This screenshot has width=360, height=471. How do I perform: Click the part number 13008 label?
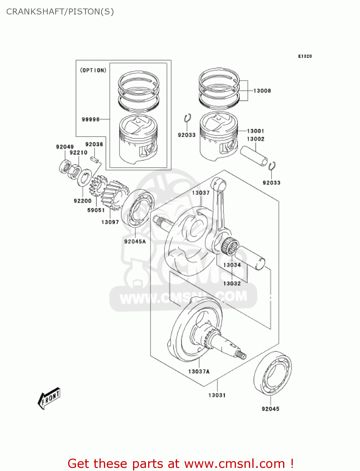262,91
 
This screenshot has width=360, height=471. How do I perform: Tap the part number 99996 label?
90,119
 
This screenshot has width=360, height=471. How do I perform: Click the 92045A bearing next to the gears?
137,208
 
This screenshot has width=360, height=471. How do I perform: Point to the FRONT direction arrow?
49,398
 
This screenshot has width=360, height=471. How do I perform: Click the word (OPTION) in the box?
93,70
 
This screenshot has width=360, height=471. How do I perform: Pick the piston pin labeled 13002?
254,155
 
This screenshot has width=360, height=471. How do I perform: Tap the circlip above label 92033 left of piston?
187,118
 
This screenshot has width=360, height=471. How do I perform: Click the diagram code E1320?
305,56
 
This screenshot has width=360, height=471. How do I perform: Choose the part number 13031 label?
217,395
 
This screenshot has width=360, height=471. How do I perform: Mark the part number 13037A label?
199,371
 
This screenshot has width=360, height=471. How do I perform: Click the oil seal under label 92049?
65,166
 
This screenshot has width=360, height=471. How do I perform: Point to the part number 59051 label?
96,210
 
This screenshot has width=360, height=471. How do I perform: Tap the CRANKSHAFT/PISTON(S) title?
60,12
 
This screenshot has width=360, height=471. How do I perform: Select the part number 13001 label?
255,131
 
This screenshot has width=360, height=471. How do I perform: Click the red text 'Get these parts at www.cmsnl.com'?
180,463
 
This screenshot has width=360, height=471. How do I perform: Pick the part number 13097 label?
110,222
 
